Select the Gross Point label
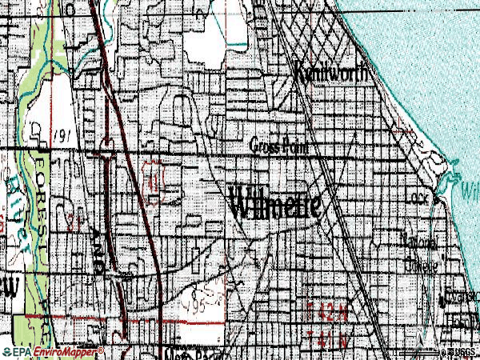(x=279, y=146)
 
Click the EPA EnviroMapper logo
(x=53, y=351)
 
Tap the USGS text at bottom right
(x=466, y=352)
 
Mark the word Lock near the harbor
(x=421, y=197)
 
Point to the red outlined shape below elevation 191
(x=153, y=171)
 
